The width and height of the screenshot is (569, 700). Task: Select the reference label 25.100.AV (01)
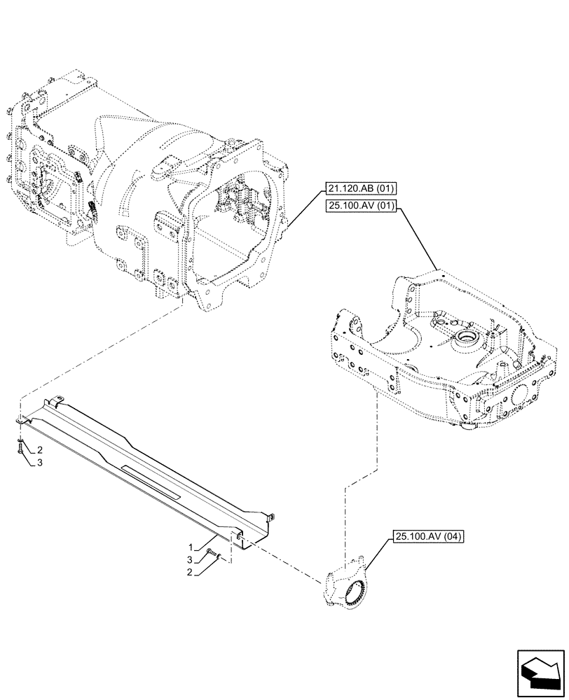pyautogui.click(x=360, y=206)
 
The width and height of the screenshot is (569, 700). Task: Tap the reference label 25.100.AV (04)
pyautogui.click(x=428, y=537)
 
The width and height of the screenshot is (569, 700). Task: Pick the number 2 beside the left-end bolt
pyautogui.click(x=40, y=449)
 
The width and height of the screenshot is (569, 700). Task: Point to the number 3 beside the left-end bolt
pyautogui.click(x=40, y=463)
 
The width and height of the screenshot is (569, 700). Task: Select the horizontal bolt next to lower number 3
pyautogui.click(x=211, y=554)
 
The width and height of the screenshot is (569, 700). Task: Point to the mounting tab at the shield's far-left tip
pyautogui.click(x=20, y=421)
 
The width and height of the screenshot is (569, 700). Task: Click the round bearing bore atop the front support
pyautogui.click(x=466, y=342)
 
